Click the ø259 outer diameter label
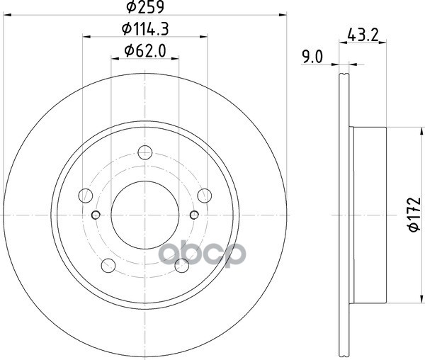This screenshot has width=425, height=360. [145, 7]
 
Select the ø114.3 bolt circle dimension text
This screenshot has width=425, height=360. [145, 29]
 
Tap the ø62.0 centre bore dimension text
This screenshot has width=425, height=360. [145, 51]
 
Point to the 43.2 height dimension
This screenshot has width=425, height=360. [363, 35]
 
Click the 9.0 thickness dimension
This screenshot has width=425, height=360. [312, 57]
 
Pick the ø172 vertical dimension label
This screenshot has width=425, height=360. [414, 215]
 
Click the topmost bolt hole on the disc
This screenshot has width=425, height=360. [145, 152]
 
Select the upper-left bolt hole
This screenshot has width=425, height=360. [86, 196]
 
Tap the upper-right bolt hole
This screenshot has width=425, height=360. [205, 196]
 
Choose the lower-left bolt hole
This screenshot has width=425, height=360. [108, 266]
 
